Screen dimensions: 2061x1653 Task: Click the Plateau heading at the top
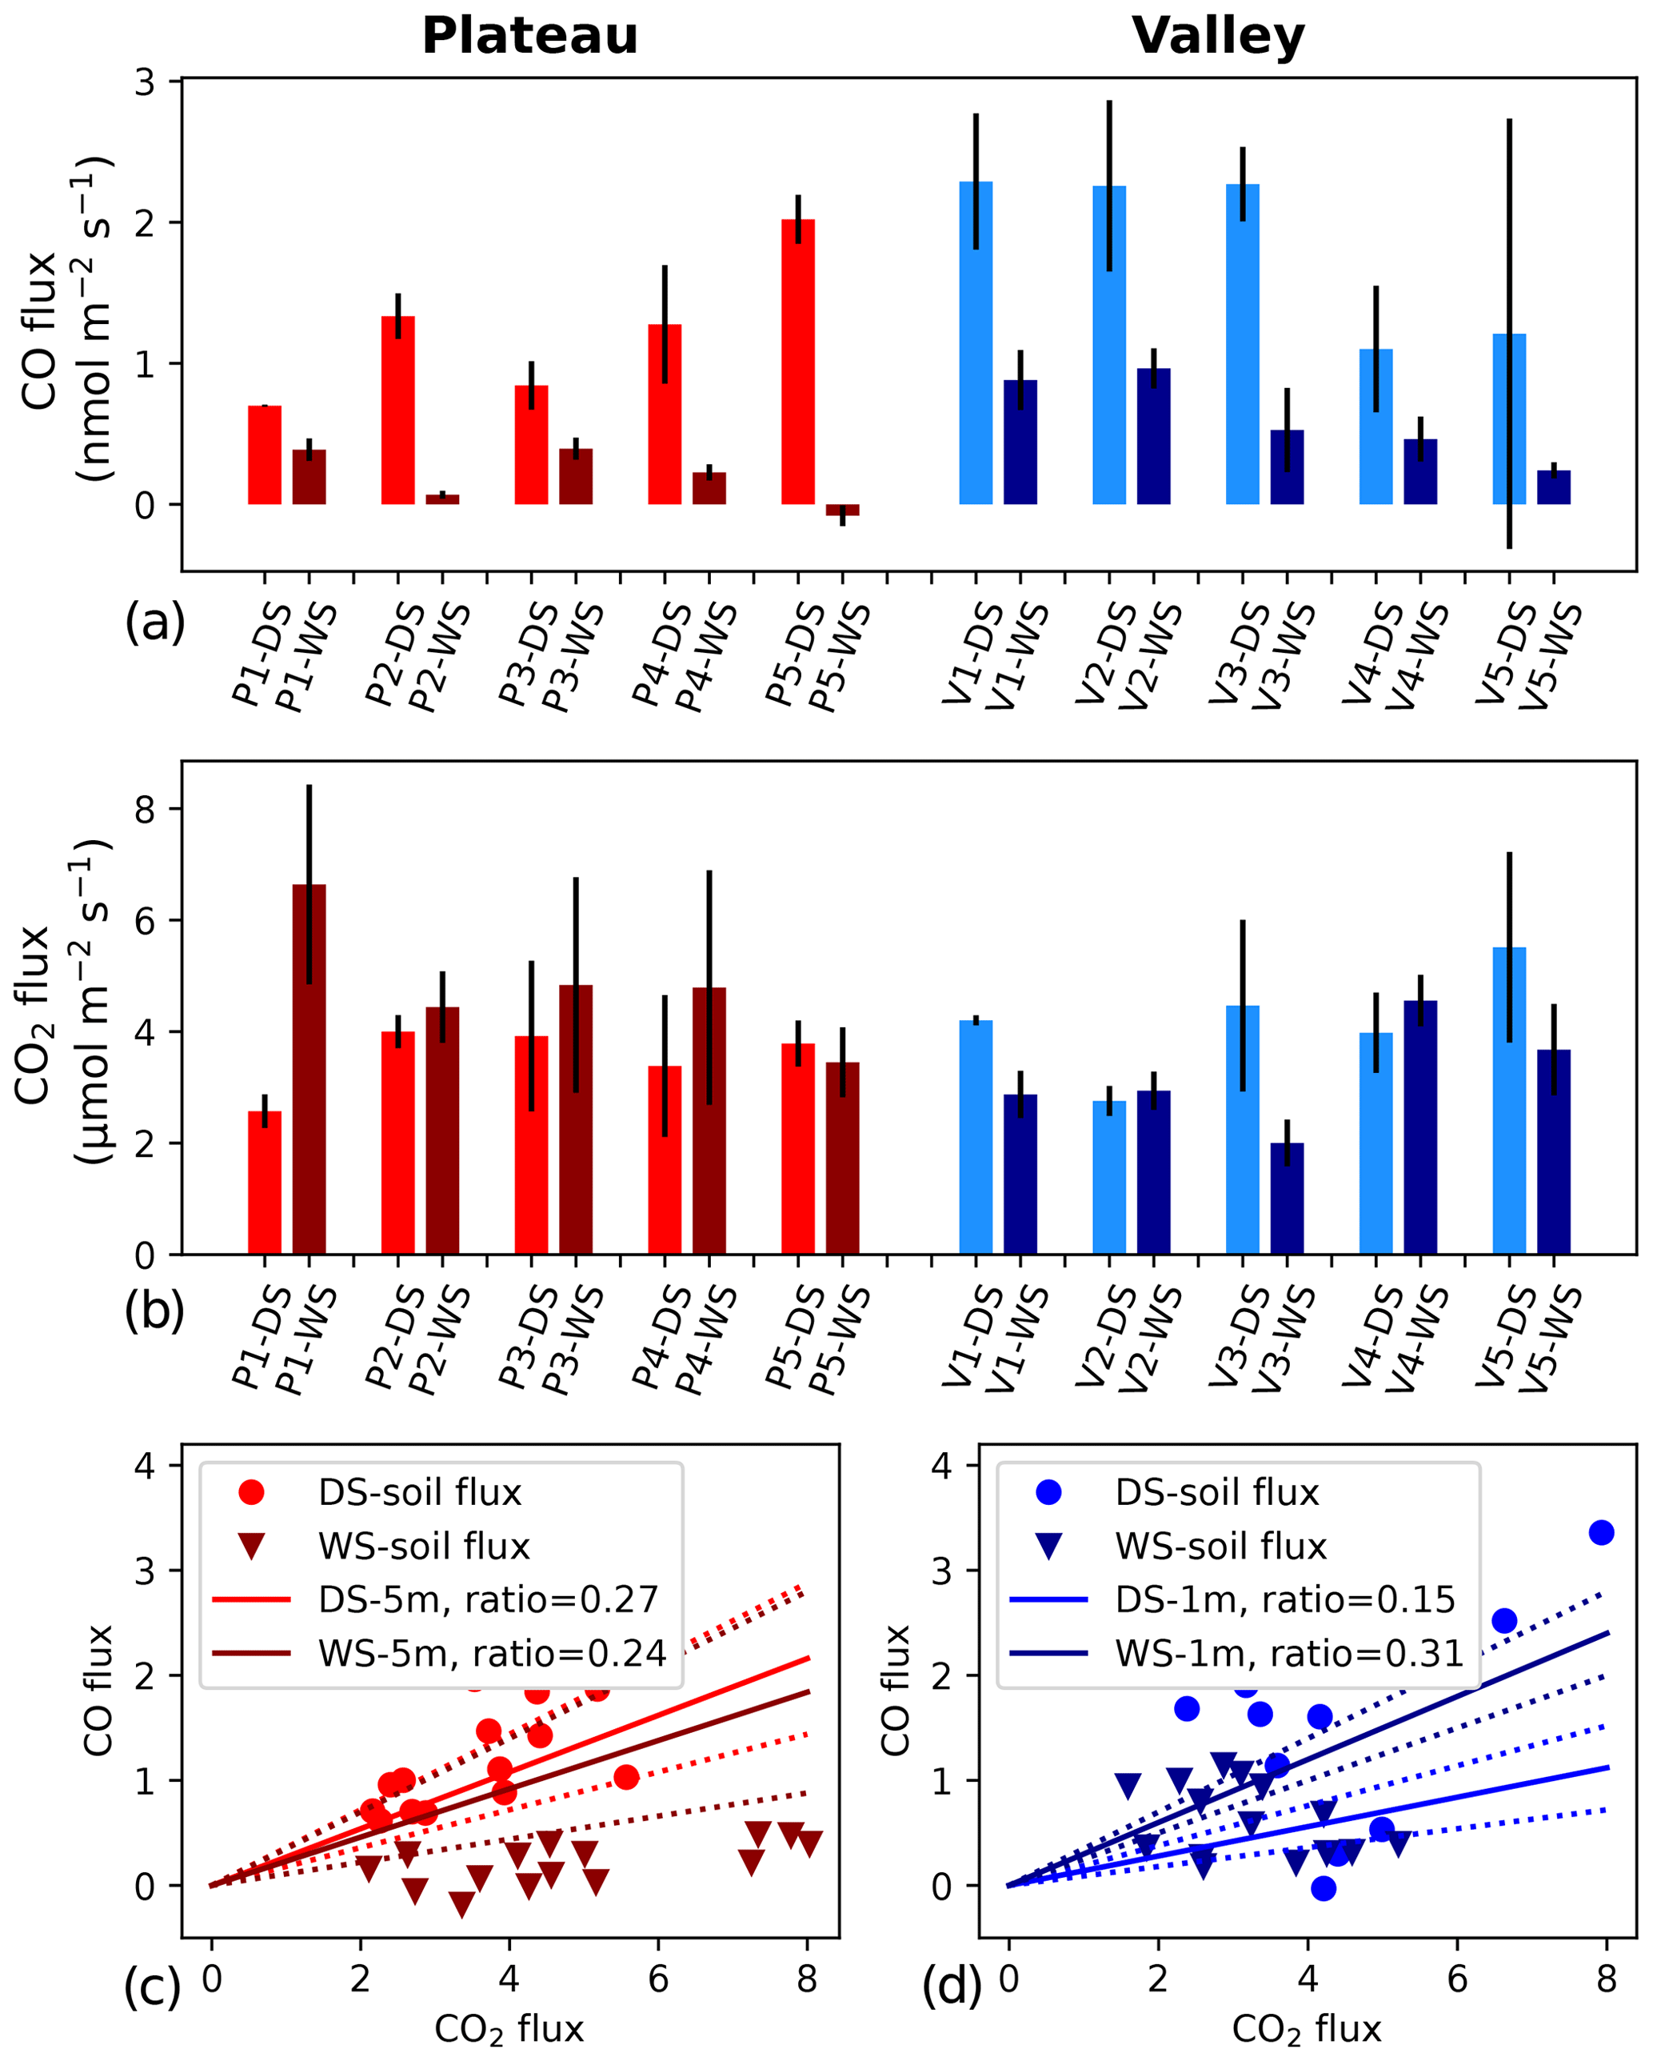(x=529, y=36)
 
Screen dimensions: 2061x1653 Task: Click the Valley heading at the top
(x=1218, y=36)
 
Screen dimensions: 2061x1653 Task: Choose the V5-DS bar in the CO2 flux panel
(x=1509, y=1100)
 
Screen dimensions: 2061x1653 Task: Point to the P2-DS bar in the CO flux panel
(x=397, y=410)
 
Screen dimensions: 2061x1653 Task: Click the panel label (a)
(x=154, y=622)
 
